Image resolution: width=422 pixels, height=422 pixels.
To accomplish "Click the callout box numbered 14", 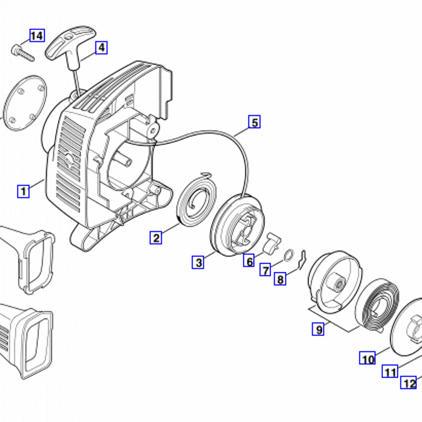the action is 37,35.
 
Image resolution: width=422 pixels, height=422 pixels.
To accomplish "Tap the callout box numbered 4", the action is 101,47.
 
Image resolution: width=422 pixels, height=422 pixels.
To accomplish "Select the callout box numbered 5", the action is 254,122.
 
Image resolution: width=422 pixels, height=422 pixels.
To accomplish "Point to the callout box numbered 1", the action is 23,191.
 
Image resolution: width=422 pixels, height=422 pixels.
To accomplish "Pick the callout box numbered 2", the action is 156,238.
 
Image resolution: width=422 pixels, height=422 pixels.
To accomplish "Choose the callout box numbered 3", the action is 198,262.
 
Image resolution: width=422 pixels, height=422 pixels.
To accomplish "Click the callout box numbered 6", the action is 249,261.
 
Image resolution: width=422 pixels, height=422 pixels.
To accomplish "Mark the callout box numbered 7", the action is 265,270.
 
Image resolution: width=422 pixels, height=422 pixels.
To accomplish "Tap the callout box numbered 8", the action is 280,279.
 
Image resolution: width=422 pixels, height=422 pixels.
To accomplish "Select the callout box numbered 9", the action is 318,329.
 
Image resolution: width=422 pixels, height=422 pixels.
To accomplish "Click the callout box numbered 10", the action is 367,358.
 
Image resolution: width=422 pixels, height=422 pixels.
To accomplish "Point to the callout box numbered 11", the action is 390,371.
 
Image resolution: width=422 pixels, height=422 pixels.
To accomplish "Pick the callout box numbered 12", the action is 409,382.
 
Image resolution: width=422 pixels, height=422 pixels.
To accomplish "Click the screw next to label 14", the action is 23,53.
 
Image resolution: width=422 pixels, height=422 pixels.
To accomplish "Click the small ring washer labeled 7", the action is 289,255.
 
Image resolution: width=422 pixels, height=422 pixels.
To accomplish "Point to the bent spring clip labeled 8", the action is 303,260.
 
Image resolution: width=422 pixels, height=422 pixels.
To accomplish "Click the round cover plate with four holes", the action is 25,103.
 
